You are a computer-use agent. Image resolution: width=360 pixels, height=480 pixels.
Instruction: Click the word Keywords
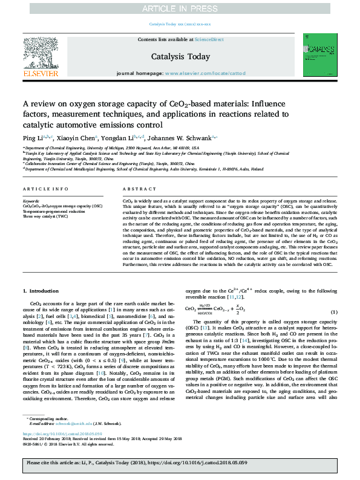coord(31,200)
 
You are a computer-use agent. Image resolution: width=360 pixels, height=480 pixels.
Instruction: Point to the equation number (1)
coord(333,328)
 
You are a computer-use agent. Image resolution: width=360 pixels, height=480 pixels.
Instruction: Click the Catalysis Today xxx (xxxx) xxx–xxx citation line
coord(180,24)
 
